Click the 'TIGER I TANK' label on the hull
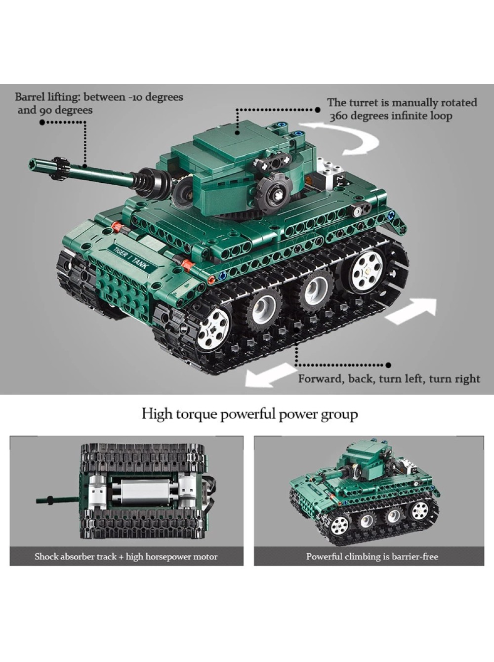pos(130,257)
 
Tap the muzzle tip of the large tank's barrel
pos(32,164)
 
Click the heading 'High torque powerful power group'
pos(249,414)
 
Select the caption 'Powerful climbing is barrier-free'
pos(372,556)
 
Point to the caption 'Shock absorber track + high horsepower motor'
pos(126,556)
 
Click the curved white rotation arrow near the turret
pos(341,137)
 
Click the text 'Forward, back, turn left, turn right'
pos(389,379)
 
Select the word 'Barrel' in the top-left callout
pos(30,97)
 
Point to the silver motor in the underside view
pos(144,493)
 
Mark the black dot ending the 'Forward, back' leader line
pos(388,365)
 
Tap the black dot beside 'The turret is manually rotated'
pos(318,110)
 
